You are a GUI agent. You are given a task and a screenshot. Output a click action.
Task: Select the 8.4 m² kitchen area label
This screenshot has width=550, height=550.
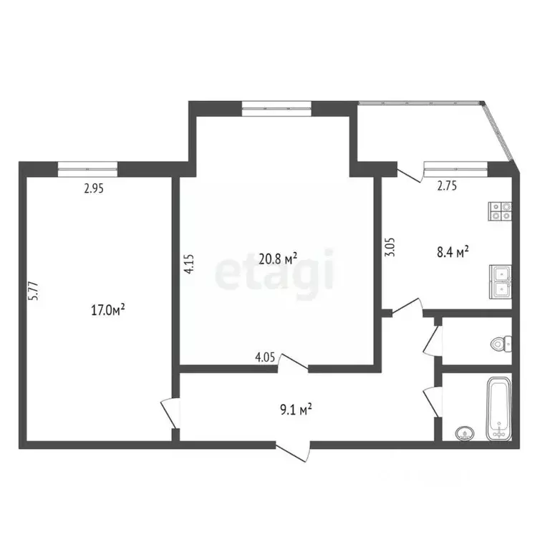click(x=453, y=251)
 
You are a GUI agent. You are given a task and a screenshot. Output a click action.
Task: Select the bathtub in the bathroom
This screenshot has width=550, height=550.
click(x=498, y=410)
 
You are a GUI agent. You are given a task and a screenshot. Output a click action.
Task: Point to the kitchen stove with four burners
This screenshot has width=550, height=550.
click(x=500, y=210)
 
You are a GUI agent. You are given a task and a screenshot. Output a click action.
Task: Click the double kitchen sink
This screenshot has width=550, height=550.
click(x=500, y=281)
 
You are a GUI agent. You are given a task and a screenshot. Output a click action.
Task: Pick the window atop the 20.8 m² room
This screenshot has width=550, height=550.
click(x=276, y=108)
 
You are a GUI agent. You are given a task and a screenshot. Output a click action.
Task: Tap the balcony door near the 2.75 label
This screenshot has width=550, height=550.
click(x=407, y=173)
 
